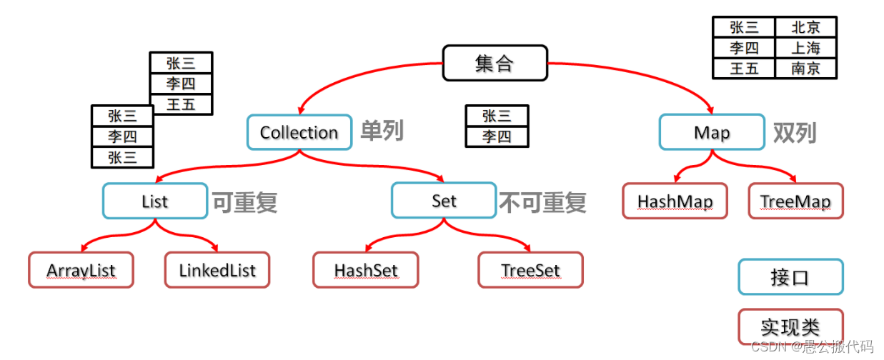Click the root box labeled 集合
click(x=495, y=63)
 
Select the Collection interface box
click(x=299, y=132)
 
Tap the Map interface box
click(x=712, y=133)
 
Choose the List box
click(x=155, y=201)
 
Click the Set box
click(x=444, y=201)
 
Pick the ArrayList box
click(x=81, y=270)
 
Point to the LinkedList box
click(x=217, y=270)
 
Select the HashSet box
click(x=365, y=270)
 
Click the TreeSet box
click(x=530, y=270)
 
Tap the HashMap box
click(x=675, y=201)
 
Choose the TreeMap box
click(x=795, y=201)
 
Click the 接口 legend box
click(x=790, y=277)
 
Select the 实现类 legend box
click(x=790, y=327)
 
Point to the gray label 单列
click(x=382, y=131)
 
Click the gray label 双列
click(x=795, y=132)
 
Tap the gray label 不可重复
click(x=542, y=202)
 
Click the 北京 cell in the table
click(x=805, y=27)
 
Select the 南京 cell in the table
click(x=805, y=68)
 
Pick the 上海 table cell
click(x=805, y=48)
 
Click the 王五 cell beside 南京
click(x=744, y=68)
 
